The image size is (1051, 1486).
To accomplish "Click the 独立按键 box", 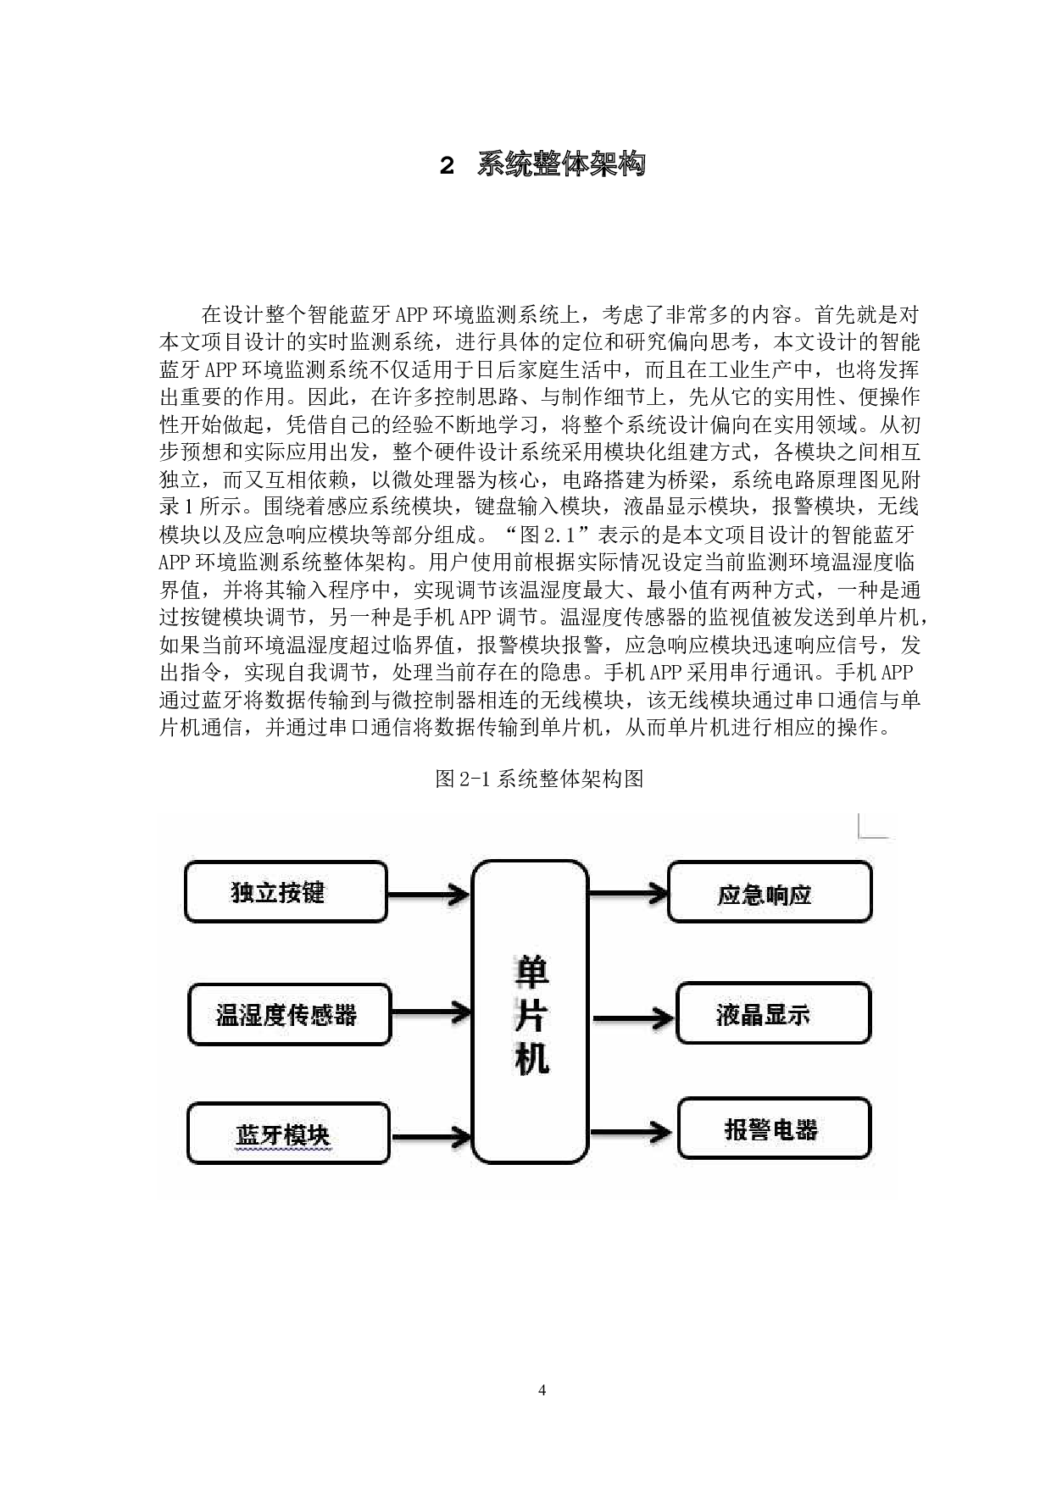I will point(286,891).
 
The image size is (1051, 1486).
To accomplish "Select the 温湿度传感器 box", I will point(289,1014).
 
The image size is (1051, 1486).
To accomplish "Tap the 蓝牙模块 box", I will point(287,1134).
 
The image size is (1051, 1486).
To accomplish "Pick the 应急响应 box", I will point(770,892).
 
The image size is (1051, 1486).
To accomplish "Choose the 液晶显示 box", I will point(773,1013).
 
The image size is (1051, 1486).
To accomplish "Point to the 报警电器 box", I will point(774,1128).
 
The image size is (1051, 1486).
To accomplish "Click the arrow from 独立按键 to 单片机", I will point(428,894).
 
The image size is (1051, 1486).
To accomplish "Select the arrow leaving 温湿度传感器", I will point(431,1012).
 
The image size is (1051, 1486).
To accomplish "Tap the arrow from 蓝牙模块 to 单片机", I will point(431,1136).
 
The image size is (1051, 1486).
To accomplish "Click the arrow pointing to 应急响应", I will point(628,892).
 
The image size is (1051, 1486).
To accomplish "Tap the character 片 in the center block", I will point(531,1017).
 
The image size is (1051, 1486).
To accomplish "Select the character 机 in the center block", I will point(531,1059).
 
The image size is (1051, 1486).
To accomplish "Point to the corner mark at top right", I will point(873,826).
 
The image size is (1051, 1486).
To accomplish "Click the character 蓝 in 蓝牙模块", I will point(247,1135).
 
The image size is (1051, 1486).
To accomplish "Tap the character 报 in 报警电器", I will point(737,1130).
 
